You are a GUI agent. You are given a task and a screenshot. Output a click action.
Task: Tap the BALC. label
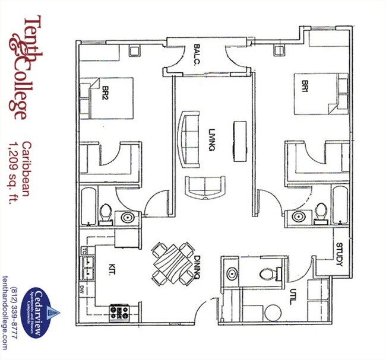[198, 55]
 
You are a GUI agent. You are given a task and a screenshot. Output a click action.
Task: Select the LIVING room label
[211, 140]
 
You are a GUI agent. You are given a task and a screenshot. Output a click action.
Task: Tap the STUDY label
[339, 254]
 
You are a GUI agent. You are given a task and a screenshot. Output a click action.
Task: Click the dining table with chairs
[172, 261]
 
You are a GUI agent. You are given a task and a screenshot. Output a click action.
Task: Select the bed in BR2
[107, 98]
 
